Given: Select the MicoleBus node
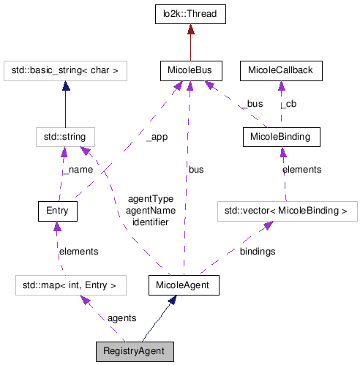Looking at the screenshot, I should [190, 71].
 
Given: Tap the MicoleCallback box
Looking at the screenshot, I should [280, 71].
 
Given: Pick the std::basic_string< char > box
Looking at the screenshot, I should [66, 71].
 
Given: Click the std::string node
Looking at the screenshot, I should [65, 137].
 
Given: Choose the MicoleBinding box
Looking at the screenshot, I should [280, 137].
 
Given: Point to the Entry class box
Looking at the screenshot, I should [58, 211].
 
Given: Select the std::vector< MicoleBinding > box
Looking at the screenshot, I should [287, 211].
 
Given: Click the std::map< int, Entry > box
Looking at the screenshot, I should [66, 285].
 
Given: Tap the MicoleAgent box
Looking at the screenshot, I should [184, 285].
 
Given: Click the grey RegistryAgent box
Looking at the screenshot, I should [135, 351].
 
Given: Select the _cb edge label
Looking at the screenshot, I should [288, 104].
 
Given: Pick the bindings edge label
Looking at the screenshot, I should [257, 251].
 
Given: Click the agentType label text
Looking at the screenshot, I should [150, 199].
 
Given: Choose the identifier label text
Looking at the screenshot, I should [150, 221].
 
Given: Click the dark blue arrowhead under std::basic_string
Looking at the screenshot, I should [66, 86].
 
